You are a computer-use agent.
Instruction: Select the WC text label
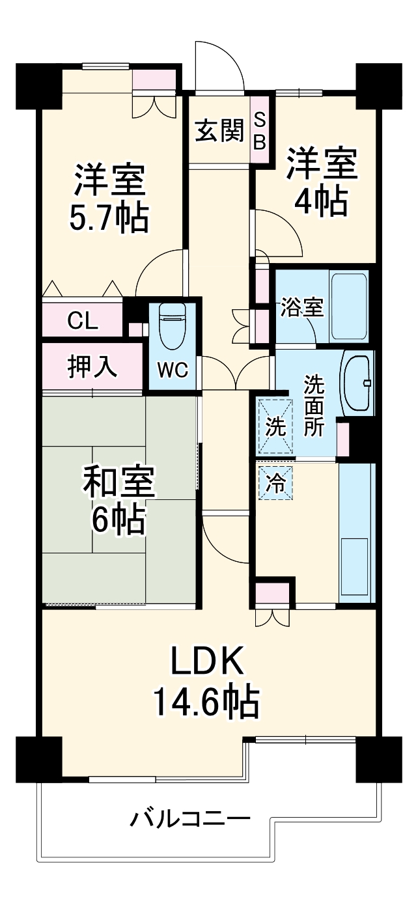click(x=173, y=370)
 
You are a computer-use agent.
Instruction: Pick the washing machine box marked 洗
click(x=275, y=426)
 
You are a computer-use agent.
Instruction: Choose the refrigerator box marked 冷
click(x=275, y=482)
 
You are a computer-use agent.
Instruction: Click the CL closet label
click(x=82, y=320)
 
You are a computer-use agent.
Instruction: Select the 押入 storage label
click(x=92, y=367)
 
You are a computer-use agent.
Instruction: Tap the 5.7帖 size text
click(x=109, y=218)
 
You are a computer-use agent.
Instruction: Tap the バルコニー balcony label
click(x=189, y=808)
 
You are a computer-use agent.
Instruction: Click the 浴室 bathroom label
click(x=301, y=308)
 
